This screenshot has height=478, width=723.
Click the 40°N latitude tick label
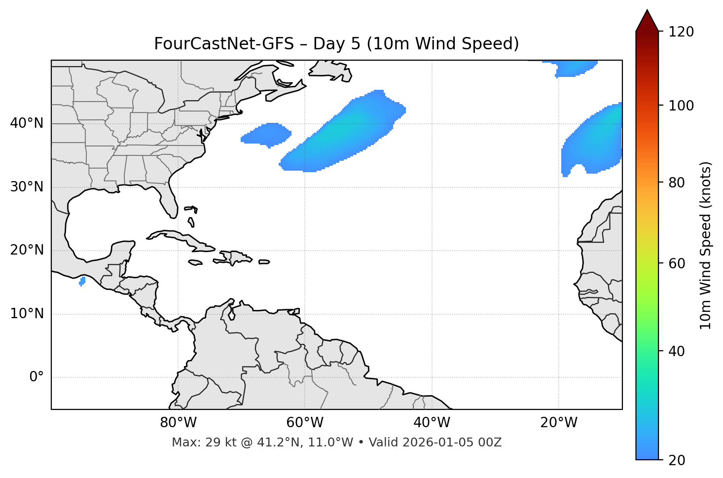27,123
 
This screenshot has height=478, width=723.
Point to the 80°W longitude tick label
178,423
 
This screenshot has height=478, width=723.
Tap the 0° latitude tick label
36,377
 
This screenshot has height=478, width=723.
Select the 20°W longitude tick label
559,423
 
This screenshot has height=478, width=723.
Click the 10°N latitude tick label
27,314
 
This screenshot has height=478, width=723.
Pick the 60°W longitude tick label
305,423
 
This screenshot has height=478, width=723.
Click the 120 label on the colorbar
681,32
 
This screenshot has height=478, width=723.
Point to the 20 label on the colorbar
677,460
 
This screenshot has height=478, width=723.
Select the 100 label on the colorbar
681,106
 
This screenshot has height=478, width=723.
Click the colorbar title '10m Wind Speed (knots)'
706,246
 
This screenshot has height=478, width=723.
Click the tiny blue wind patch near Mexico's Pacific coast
82,281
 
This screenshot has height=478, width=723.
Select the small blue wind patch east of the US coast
266,135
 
